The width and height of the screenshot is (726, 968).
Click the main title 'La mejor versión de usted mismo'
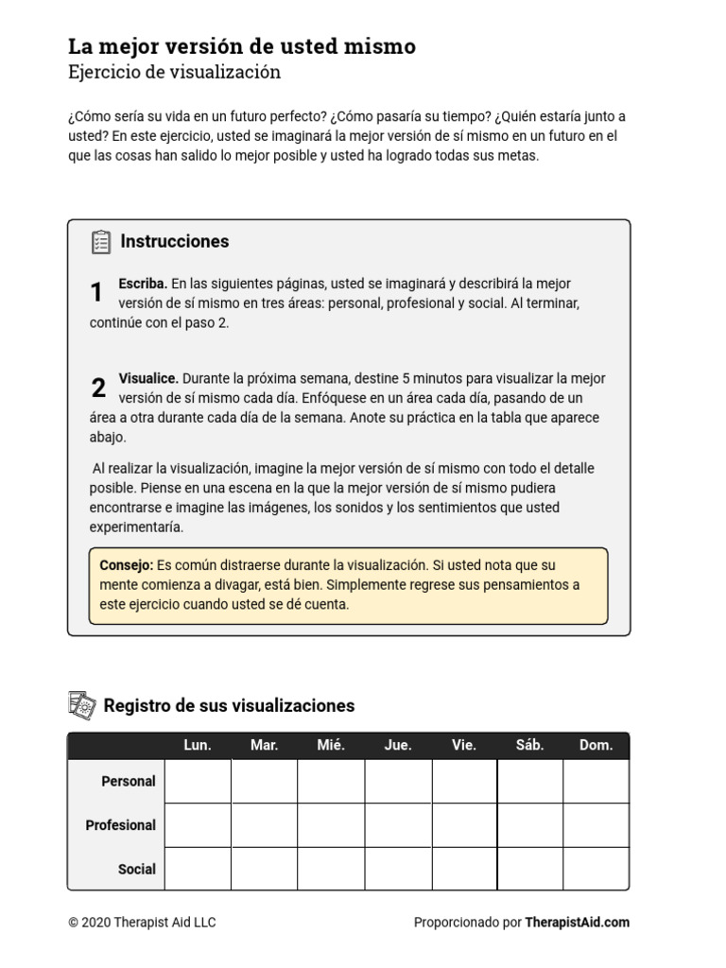tap(241, 46)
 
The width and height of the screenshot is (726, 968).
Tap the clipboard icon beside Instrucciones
tap(101, 242)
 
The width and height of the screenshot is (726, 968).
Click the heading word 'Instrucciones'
tap(175, 241)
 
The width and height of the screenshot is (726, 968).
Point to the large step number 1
tap(96, 293)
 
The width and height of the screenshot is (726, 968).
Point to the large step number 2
tap(98, 388)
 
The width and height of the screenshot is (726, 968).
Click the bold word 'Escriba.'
tap(143, 284)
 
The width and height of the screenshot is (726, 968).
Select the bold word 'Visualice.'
tap(148, 378)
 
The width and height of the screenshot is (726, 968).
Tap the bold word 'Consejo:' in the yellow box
tap(126, 564)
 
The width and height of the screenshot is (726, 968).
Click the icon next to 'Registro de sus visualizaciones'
tap(82, 705)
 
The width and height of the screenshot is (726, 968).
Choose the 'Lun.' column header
tap(198, 745)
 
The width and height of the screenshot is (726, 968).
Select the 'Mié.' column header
tap(331, 745)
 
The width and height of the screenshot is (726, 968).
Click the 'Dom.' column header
tap(596, 745)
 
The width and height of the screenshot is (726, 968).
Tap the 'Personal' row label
tap(129, 781)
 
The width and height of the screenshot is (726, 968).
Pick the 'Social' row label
tap(137, 869)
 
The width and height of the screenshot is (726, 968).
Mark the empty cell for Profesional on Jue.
tap(398, 825)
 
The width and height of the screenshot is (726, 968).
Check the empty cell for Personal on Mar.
tap(265, 781)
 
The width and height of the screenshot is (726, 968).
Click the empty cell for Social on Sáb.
tap(530, 869)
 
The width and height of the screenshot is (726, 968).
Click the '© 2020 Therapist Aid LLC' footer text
tap(142, 922)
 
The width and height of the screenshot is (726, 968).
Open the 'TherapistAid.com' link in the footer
tap(577, 922)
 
